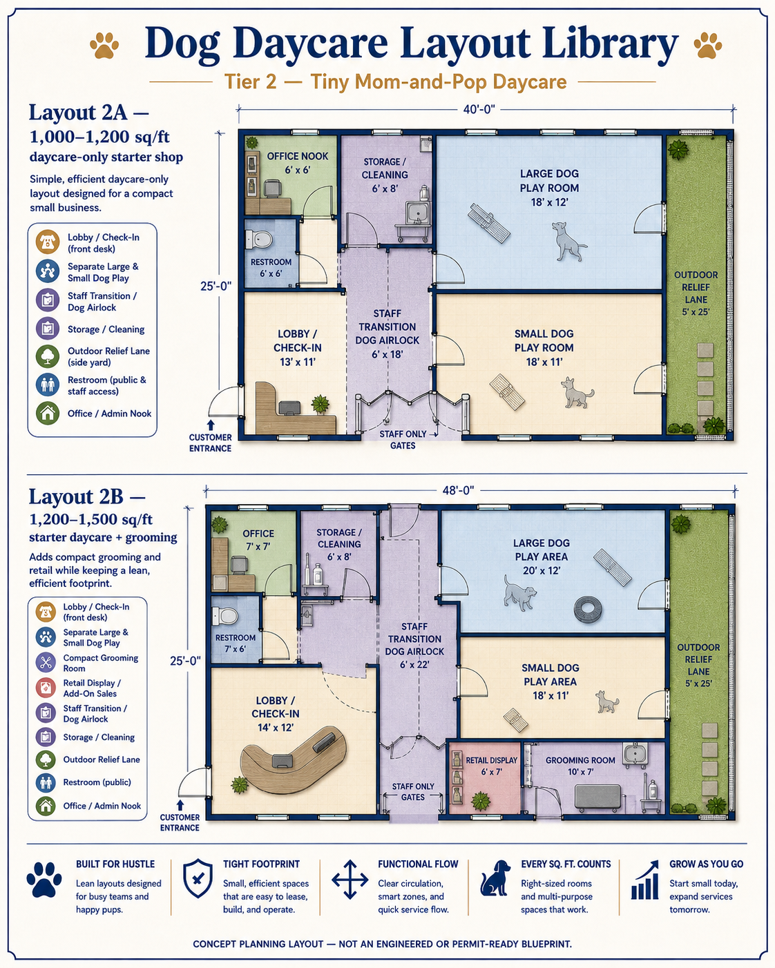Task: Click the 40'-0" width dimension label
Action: click(479, 109)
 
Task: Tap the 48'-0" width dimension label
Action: click(458, 490)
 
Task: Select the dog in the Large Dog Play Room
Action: click(568, 241)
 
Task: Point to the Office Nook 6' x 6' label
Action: click(298, 163)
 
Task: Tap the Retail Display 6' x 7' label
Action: click(492, 766)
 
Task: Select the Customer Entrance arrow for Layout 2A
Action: click(211, 425)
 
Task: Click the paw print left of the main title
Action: click(104, 45)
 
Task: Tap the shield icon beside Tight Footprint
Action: click(198, 878)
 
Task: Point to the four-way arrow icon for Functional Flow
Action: click(350, 880)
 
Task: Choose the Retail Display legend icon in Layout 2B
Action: click(46, 688)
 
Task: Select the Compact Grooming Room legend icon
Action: click(46, 662)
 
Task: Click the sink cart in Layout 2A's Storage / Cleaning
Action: click(412, 220)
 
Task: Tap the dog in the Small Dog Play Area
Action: click(606, 701)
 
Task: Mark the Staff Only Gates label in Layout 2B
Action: click(412, 792)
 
